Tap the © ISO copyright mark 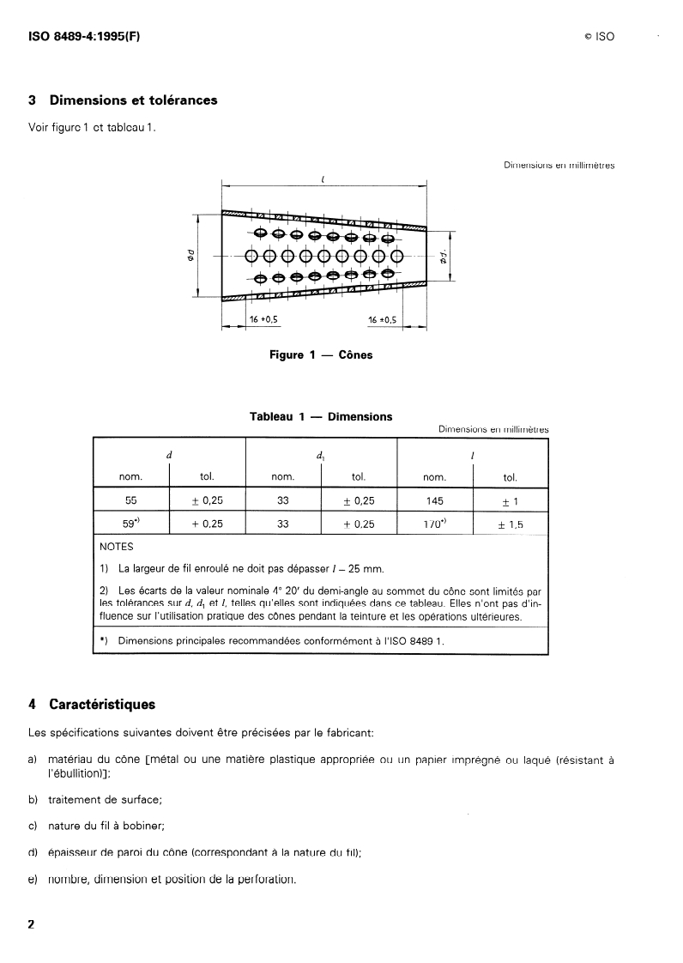click(594, 37)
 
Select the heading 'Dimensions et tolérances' click(133, 100)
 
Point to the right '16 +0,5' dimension click(382, 319)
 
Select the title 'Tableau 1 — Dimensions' click(321, 416)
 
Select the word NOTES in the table click(118, 546)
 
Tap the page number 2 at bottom click(32, 924)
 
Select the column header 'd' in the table click(168, 455)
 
